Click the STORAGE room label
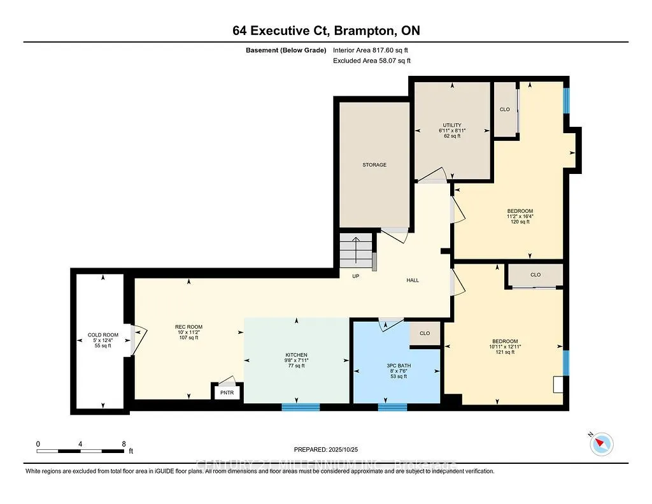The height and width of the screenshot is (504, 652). point(374,165)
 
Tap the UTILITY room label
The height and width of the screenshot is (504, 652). point(452,125)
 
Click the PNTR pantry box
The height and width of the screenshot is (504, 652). point(227,392)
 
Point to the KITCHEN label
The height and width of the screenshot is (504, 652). point(296,355)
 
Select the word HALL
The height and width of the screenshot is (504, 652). point(413,280)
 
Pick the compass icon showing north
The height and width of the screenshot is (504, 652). point(602,443)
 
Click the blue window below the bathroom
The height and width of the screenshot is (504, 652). point(392,407)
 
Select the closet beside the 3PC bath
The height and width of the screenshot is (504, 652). point(425,333)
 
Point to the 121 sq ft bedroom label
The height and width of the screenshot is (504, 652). point(504,341)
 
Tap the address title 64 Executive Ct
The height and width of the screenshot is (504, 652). point(325,31)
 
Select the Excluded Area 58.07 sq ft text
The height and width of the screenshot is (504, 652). point(372,61)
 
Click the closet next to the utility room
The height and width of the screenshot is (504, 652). point(505,110)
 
